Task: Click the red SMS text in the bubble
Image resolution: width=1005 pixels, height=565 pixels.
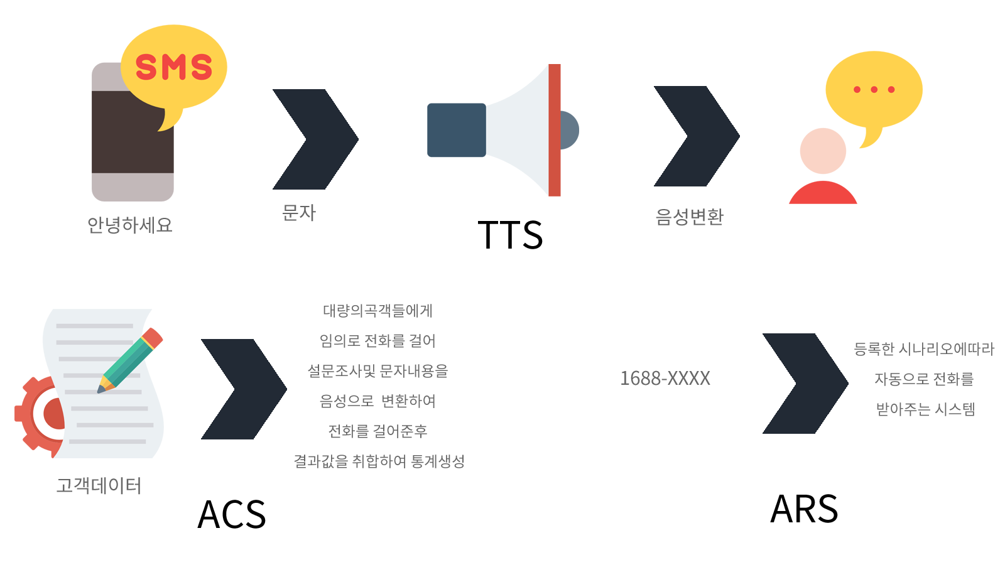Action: (x=173, y=67)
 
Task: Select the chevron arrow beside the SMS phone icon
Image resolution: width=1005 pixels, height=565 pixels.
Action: (x=315, y=139)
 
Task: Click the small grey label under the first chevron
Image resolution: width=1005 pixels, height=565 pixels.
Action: (x=299, y=213)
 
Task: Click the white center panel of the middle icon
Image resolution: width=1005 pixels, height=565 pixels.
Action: (x=517, y=130)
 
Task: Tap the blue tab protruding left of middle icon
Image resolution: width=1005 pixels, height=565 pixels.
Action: (x=445, y=130)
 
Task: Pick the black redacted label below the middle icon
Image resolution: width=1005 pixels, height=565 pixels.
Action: (x=513, y=235)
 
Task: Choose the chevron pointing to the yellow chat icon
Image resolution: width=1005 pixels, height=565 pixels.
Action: (x=697, y=136)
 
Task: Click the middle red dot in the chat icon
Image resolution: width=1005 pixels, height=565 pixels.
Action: (x=874, y=90)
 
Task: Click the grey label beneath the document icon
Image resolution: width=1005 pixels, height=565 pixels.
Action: (x=98, y=486)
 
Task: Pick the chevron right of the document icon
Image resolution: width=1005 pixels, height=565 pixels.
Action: (x=244, y=389)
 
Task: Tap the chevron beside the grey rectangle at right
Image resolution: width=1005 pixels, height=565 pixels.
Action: (x=805, y=384)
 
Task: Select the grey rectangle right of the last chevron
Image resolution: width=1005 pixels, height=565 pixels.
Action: (x=924, y=379)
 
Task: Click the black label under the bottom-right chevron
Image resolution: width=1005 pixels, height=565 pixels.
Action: (x=803, y=508)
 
